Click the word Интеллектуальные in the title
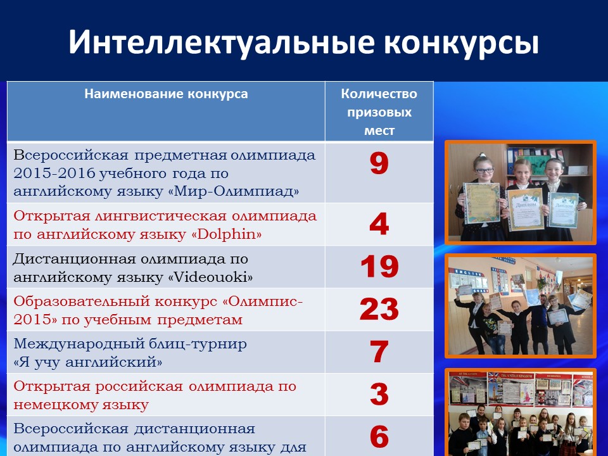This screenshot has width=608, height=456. (x=222, y=42)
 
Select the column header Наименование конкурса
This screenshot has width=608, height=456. (x=166, y=94)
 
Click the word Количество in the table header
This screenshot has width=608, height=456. (x=379, y=94)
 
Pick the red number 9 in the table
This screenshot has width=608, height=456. (x=379, y=163)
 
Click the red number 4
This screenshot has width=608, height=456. (x=379, y=224)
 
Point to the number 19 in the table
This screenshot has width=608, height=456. (x=379, y=267)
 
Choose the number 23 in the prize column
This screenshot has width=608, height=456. (x=379, y=309)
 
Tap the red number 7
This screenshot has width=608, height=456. (x=379, y=351)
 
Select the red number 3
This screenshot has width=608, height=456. (x=379, y=394)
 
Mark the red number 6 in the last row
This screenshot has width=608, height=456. (x=379, y=436)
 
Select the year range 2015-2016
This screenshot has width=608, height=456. (x=54, y=174)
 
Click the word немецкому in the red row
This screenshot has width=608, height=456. (x=53, y=405)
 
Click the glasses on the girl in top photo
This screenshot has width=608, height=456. (x=484, y=170)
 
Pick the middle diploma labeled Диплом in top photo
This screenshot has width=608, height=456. (x=526, y=210)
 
